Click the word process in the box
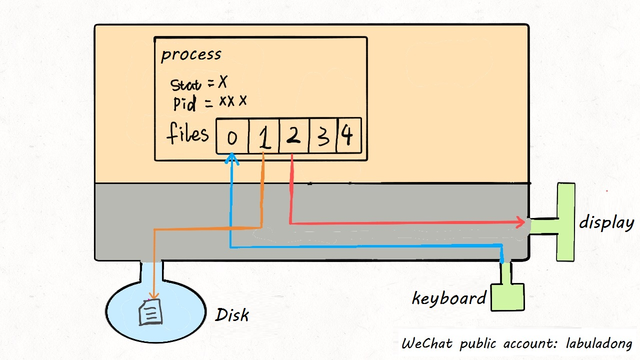point(191,54)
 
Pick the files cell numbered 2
point(293,136)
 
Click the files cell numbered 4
point(348,136)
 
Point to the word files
point(187,134)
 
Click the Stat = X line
point(199,83)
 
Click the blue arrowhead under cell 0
point(231,158)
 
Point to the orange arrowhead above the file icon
point(153,297)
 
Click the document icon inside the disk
point(151,312)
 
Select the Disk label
point(231,315)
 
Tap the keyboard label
point(448,298)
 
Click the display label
point(606,222)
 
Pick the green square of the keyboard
point(507,297)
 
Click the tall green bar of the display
point(566,221)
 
